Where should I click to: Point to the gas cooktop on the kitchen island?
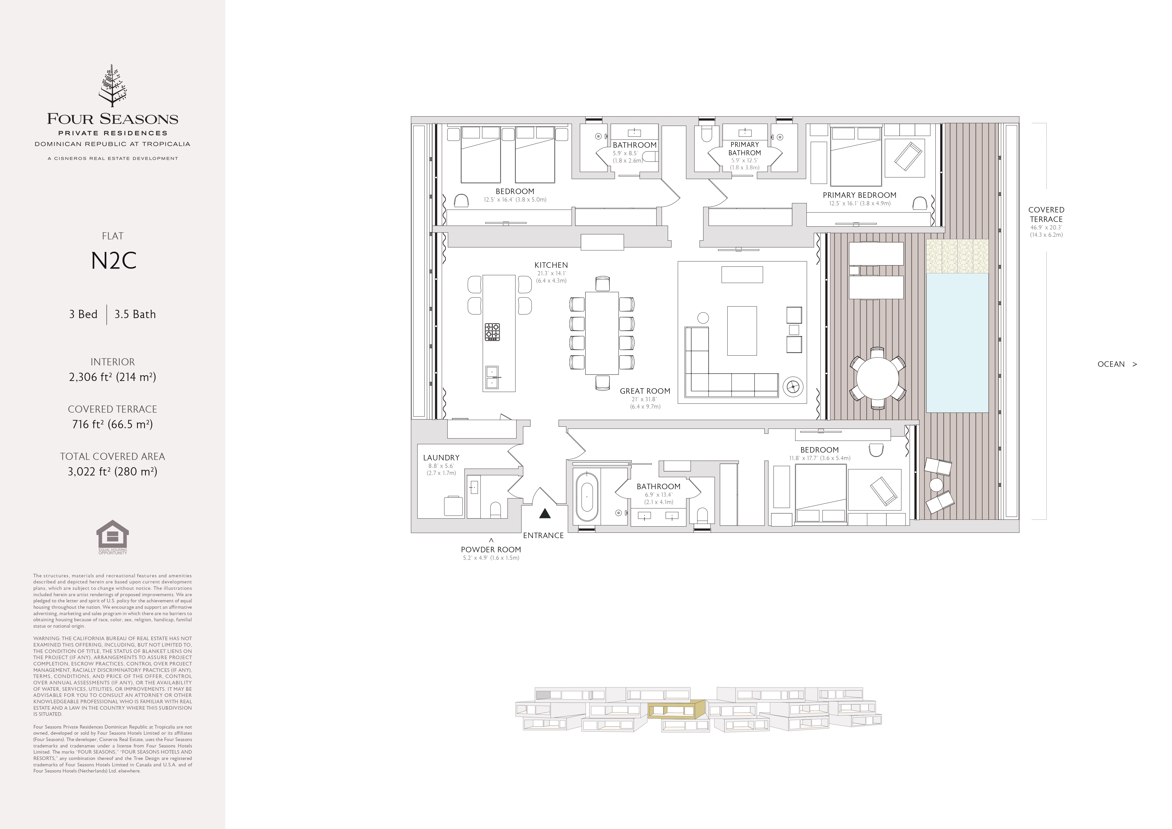click(x=492, y=332)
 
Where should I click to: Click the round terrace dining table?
click(x=877, y=378)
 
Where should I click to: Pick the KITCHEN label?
click(x=551, y=265)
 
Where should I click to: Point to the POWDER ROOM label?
click(x=491, y=549)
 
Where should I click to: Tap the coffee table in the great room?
click(x=742, y=331)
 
